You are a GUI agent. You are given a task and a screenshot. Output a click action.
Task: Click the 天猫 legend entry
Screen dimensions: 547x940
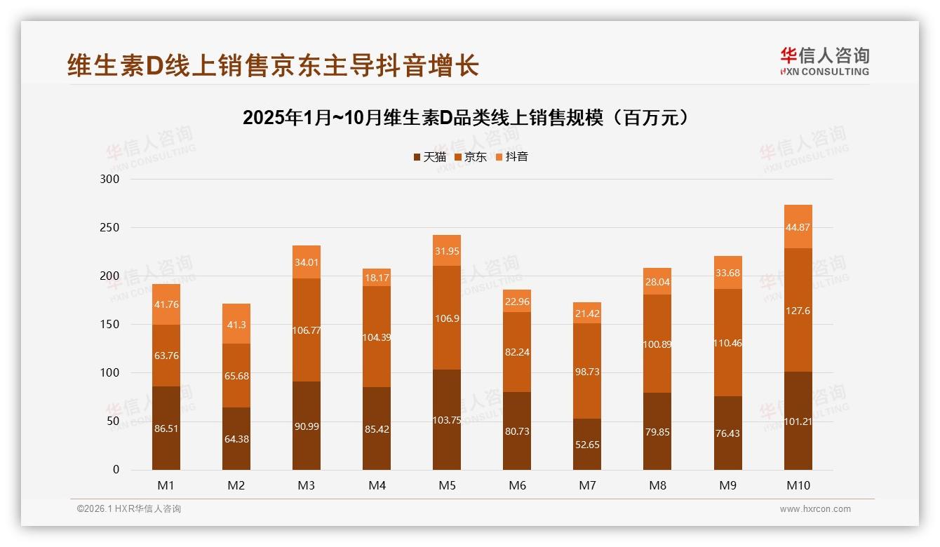pos(429,157)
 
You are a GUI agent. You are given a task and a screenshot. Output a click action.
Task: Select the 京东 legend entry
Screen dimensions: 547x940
pos(471,157)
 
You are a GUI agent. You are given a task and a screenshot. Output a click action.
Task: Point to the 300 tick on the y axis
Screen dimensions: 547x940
pos(111,179)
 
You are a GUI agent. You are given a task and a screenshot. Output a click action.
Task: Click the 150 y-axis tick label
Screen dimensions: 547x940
pos(111,325)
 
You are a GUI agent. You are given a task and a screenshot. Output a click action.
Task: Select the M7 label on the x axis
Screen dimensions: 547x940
pos(587,485)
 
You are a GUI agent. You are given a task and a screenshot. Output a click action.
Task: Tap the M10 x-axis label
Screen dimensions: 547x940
pos(798,485)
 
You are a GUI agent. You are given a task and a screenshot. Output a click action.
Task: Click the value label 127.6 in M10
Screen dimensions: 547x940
pos(798,311)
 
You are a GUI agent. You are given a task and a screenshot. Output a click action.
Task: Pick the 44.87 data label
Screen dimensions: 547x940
pos(798,227)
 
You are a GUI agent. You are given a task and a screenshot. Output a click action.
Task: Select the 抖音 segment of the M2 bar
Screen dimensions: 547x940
pos(236,323)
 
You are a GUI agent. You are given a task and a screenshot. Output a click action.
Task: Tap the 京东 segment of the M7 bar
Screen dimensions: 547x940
pos(587,371)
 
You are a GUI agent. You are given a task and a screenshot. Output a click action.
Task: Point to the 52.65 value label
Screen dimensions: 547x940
pos(587,445)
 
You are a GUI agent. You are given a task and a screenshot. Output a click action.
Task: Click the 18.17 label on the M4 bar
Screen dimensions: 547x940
pos(377,278)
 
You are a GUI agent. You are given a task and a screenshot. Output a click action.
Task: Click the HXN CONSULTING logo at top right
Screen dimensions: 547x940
pos(824,62)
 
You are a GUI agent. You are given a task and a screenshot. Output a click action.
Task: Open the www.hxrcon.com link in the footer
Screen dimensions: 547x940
pos(815,509)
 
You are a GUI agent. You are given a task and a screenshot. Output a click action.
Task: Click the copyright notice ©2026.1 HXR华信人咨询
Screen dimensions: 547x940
pos(129,509)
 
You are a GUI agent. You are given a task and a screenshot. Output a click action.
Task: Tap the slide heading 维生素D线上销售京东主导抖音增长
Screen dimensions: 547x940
pos(274,65)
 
